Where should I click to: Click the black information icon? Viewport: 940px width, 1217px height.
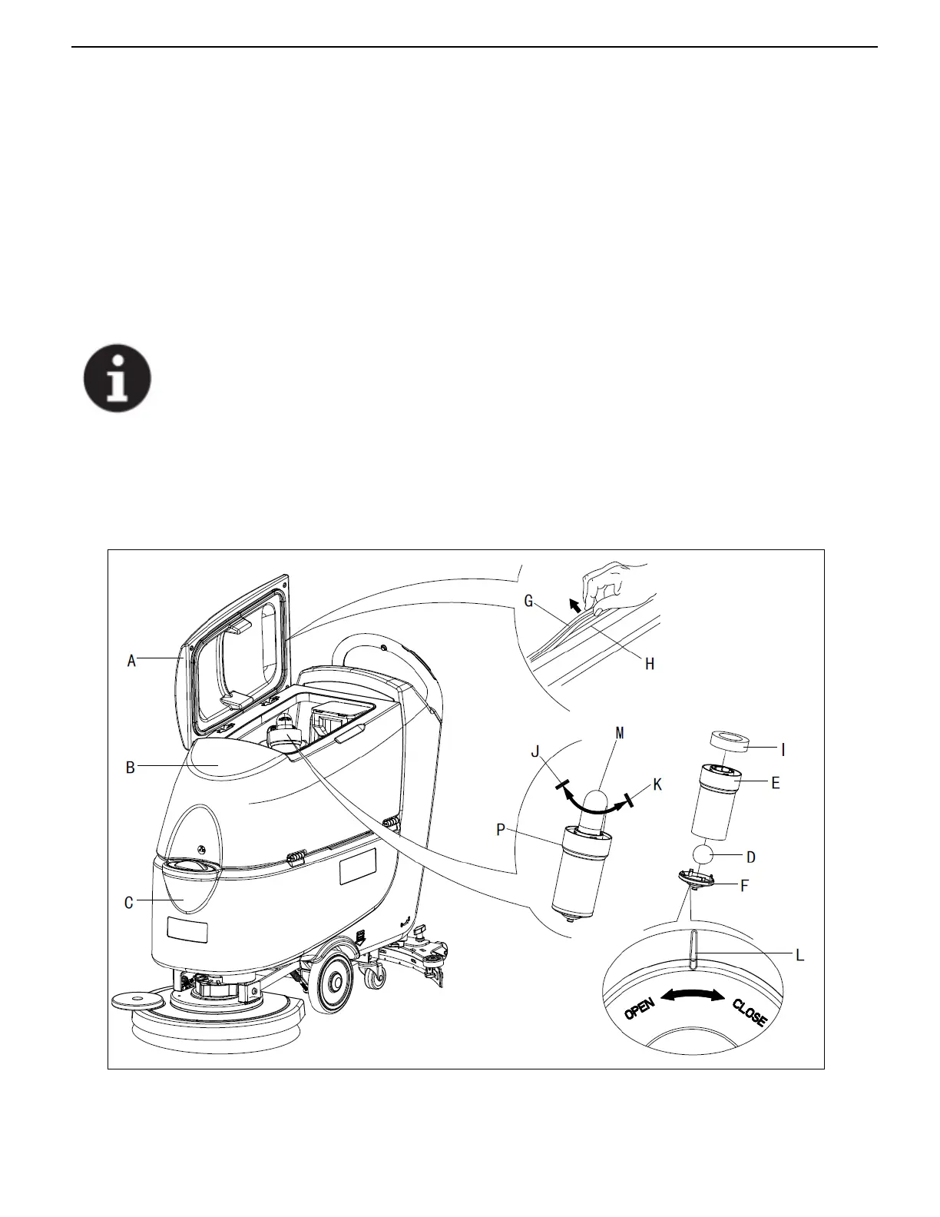coord(117,378)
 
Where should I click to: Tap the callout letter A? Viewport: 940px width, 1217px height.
coord(131,660)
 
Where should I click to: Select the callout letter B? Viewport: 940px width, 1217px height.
coord(131,767)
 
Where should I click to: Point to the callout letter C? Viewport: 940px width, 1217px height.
coord(129,903)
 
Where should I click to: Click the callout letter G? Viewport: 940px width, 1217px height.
coord(528,602)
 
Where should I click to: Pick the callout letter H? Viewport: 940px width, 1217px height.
coord(650,664)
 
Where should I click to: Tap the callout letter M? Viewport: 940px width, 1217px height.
coord(620,733)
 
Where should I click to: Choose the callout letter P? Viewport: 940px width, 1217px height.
coord(501,830)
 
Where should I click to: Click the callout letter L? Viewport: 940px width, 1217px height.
coord(799,955)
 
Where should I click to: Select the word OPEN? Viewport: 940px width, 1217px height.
coord(639,1008)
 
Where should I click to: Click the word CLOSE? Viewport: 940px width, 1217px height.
coord(749,1013)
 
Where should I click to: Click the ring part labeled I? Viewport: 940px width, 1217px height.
coord(728,742)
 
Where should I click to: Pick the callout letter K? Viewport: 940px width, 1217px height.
coord(657,784)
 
